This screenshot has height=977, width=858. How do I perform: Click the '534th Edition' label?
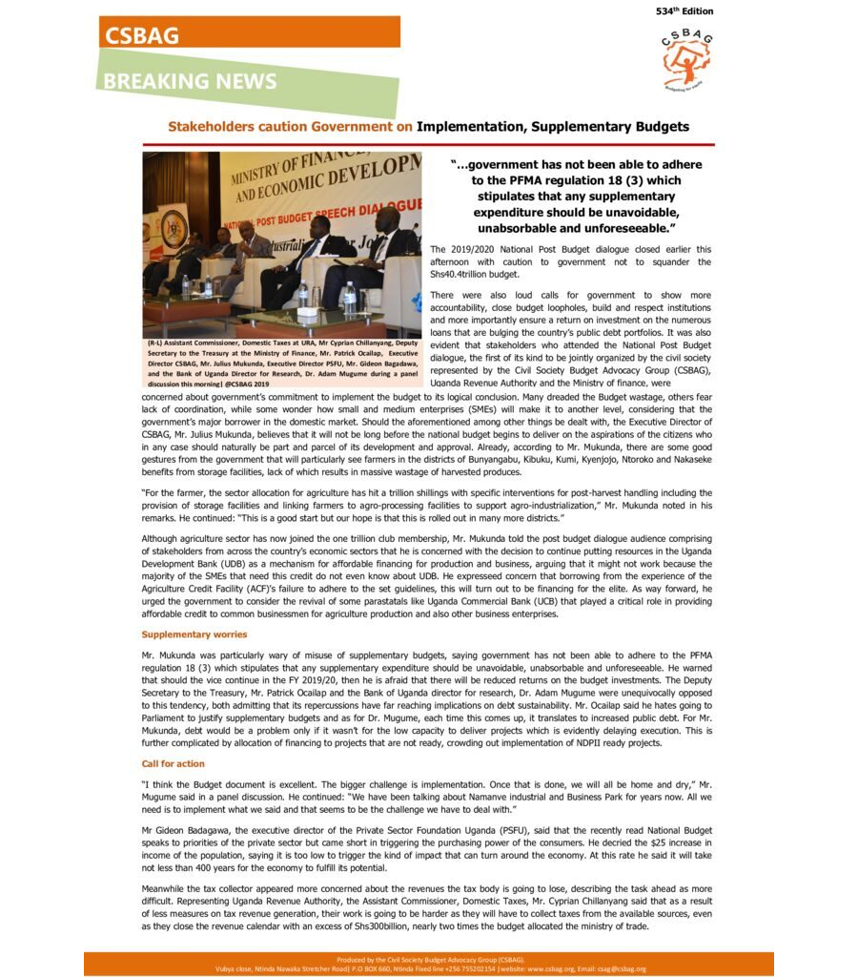coord(684,11)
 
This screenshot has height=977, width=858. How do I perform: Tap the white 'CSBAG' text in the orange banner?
coord(142,35)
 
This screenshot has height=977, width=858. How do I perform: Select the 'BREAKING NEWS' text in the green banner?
coord(191,81)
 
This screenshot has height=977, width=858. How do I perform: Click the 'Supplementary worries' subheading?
coord(194,634)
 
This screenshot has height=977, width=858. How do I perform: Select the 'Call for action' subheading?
coord(173,764)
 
